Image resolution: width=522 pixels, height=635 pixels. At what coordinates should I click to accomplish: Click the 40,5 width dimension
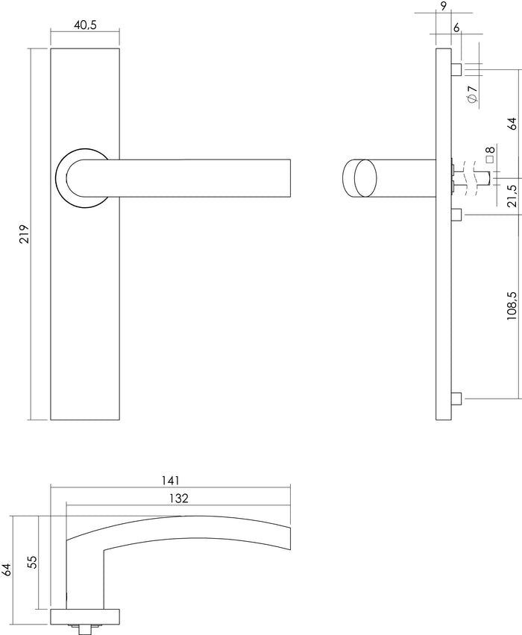pyautogui.click(x=85, y=25)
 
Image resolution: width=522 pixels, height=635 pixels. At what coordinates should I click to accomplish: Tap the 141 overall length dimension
pyautogui.click(x=170, y=481)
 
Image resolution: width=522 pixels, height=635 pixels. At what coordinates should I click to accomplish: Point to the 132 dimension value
pyautogui.click(x=177, y=498)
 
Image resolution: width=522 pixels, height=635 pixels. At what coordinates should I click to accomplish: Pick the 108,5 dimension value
pyautogui.click(x=512, y=306)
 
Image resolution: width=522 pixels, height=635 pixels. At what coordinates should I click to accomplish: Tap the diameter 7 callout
pyautogui.click(x=473, y=95)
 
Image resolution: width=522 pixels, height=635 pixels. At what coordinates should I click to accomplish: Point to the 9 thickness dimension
pyautogui.click(x=444, y=7)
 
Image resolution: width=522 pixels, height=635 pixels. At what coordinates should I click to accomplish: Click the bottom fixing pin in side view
pyautogui.click(x=458, y=399)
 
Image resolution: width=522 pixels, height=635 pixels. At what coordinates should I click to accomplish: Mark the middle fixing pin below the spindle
pyautogui.click(x=458, y=216)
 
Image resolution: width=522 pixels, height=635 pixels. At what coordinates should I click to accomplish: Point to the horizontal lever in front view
pyautogui.click(x=201, y=178)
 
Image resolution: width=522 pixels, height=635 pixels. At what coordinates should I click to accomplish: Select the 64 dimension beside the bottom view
pyautogui.click(x=7, y=570)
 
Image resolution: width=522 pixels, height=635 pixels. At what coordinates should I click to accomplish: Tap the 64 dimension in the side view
pyautogui.click(x=512, y=123)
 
